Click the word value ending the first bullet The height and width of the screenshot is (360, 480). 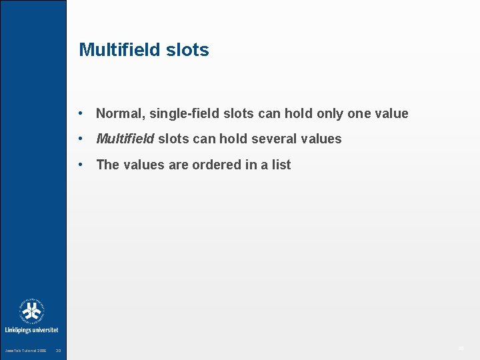[391, 114]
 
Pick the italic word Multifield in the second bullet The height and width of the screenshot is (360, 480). [125, 139]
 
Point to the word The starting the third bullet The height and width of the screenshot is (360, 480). [107, 165]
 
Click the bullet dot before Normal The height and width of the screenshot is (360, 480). [80, 114]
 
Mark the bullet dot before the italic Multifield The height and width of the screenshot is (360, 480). [80, 139]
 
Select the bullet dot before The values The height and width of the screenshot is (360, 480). [80, 165]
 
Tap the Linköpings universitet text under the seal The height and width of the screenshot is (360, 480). [31, 330]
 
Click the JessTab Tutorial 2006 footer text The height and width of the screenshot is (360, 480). [25, 351]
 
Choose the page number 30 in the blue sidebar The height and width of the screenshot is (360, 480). [58, 351]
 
